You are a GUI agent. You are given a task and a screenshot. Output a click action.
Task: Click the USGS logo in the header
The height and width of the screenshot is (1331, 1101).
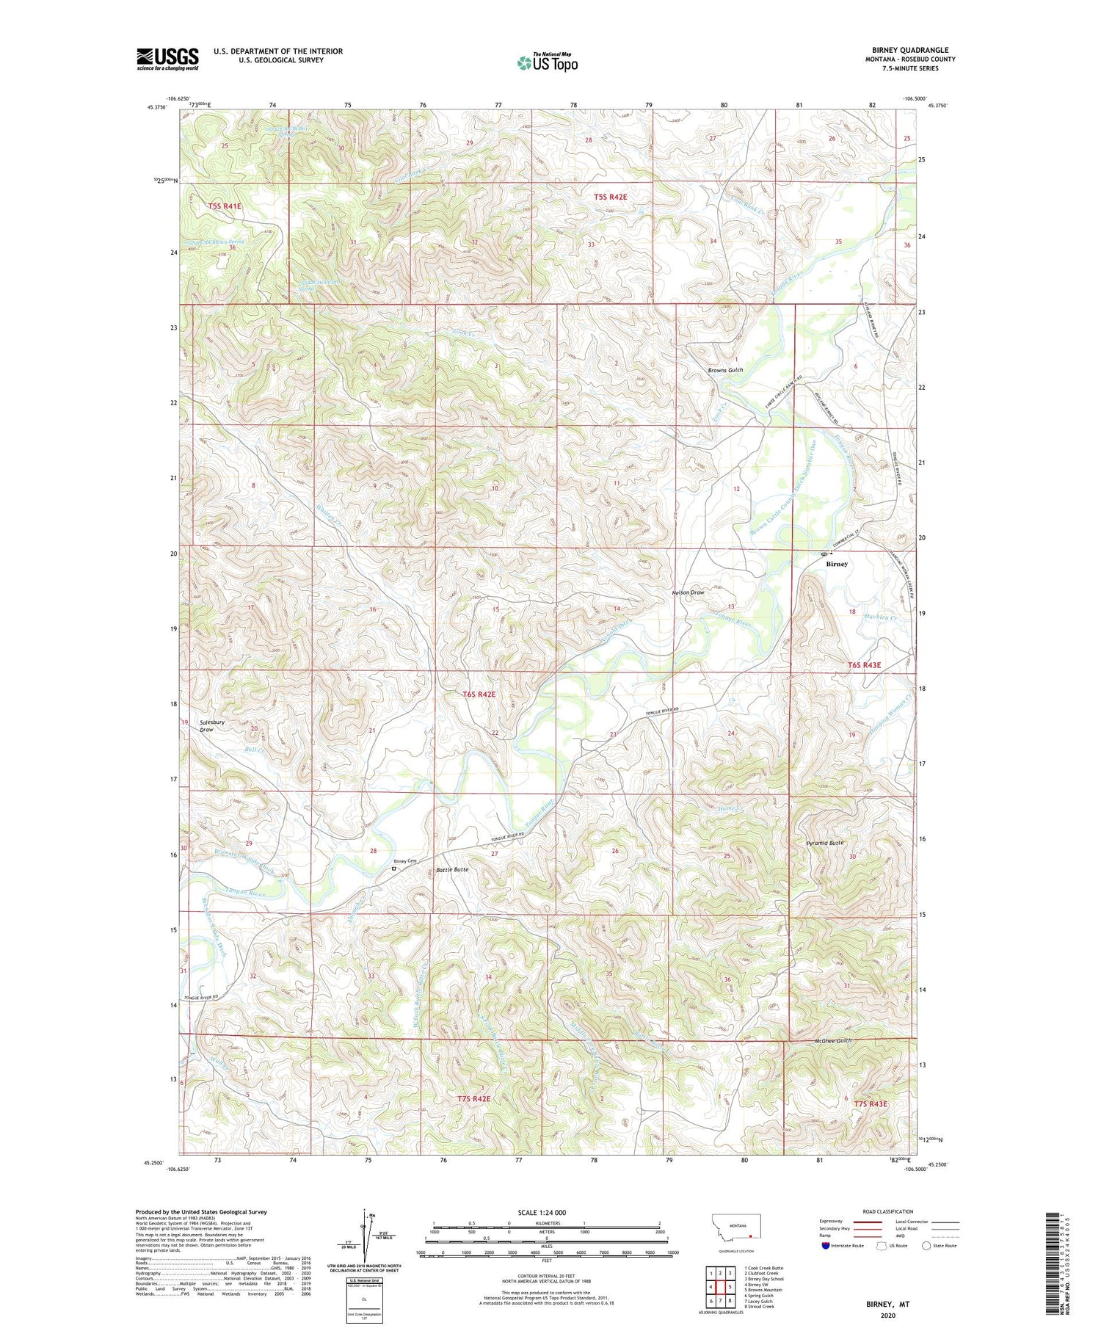(x=167, y=59)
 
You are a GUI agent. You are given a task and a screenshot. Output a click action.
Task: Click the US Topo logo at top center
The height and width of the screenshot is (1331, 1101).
(x=548, y=63)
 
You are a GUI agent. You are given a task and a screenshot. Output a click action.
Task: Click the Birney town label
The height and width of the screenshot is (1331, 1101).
(x=837, y=564)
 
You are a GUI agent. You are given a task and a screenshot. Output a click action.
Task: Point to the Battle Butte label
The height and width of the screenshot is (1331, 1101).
(x=452, y=869)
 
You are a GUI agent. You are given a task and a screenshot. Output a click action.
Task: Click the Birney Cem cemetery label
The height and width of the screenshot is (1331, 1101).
(x=404, y=861)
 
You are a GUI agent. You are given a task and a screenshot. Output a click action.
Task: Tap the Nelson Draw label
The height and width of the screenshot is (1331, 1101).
(x=688, y=592)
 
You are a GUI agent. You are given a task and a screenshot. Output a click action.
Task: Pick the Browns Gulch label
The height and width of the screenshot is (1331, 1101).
(x=725, y=370)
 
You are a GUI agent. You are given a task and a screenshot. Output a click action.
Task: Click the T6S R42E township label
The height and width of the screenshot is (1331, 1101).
(x=479, y=694)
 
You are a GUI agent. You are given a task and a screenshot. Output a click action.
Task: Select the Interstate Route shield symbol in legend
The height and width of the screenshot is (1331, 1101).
(x=826, y=1245)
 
